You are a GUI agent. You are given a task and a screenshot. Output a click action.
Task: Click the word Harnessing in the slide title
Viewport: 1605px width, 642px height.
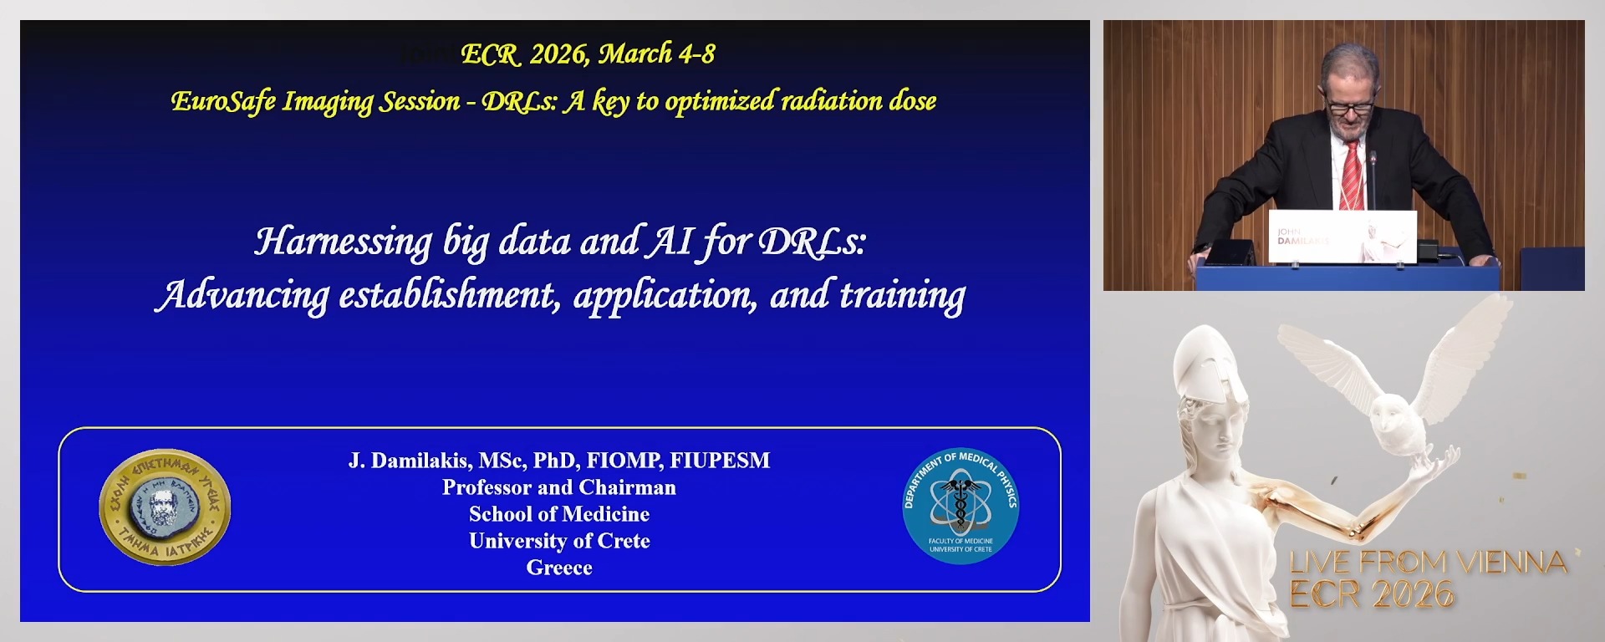tap(343, 242)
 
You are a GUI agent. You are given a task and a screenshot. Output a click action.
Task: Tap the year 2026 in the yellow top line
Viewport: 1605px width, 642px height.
tap(558, 54)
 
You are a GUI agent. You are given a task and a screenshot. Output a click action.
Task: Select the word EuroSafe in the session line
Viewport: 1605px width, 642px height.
tap(222, 101)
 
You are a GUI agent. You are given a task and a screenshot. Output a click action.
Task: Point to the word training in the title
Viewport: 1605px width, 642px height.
tap(902, 296)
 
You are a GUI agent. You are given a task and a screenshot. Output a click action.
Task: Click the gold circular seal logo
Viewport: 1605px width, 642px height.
tap(165, 507)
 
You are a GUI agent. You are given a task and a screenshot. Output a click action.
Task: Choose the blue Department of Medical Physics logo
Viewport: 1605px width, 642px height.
tap(960, 506)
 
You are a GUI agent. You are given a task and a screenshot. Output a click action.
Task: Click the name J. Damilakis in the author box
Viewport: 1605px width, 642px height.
tap(407, 461)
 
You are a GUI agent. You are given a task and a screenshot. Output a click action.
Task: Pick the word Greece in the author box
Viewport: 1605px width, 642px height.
tap(559, 568)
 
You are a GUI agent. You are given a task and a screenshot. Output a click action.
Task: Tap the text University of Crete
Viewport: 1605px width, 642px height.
tap(559, 541)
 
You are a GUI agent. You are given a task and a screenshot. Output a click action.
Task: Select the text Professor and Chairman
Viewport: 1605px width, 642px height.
tap(559, 487)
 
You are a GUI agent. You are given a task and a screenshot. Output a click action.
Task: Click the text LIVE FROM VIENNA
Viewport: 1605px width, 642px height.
tap(1428, 563)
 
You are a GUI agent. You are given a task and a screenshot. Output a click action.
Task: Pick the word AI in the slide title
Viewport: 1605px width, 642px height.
tap(670, 242)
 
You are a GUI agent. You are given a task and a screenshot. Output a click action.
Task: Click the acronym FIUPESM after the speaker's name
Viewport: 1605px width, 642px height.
tap(720, 461)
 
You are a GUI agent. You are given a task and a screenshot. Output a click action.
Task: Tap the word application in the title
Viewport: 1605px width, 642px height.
tap(665, 296)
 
